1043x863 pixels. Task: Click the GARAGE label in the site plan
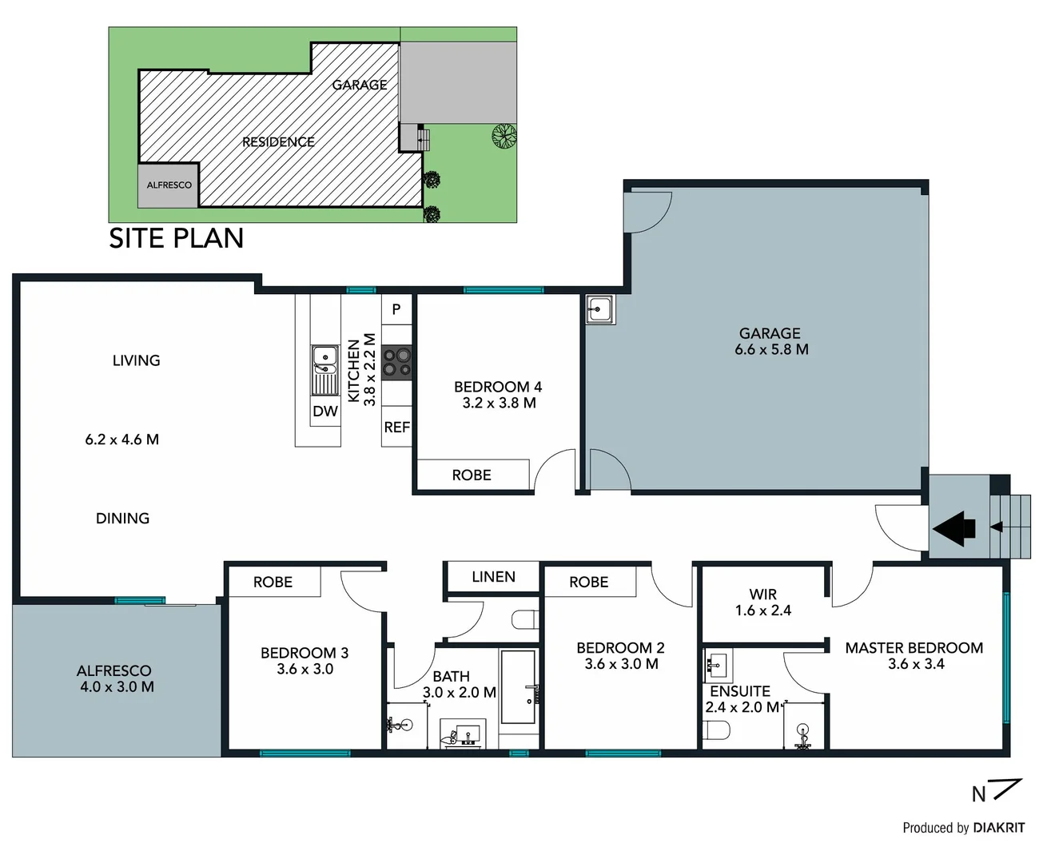point(359,85)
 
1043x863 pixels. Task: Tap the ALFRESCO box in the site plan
point(169,185)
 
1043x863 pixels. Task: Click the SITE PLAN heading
point(176,238)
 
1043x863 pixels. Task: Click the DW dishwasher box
point(325,412)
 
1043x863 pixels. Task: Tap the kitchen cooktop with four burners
point(396,362)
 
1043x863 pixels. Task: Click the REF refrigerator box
point(396,428)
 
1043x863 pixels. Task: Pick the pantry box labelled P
point(396,310)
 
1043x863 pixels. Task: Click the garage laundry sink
point(599,309)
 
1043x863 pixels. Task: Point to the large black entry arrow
point(953,528)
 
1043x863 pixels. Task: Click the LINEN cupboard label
point(493,577)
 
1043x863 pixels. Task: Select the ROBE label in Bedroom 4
point(472,475)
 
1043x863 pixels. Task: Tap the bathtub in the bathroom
point(519,687)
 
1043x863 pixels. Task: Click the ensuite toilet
point(716,730)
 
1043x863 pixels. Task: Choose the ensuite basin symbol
point(716,664)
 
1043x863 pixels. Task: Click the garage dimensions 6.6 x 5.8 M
point(771,350)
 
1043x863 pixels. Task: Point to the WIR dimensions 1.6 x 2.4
point(762,610)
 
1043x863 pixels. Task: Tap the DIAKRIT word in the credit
point(998,828)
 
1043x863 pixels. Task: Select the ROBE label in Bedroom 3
point(273,583)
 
